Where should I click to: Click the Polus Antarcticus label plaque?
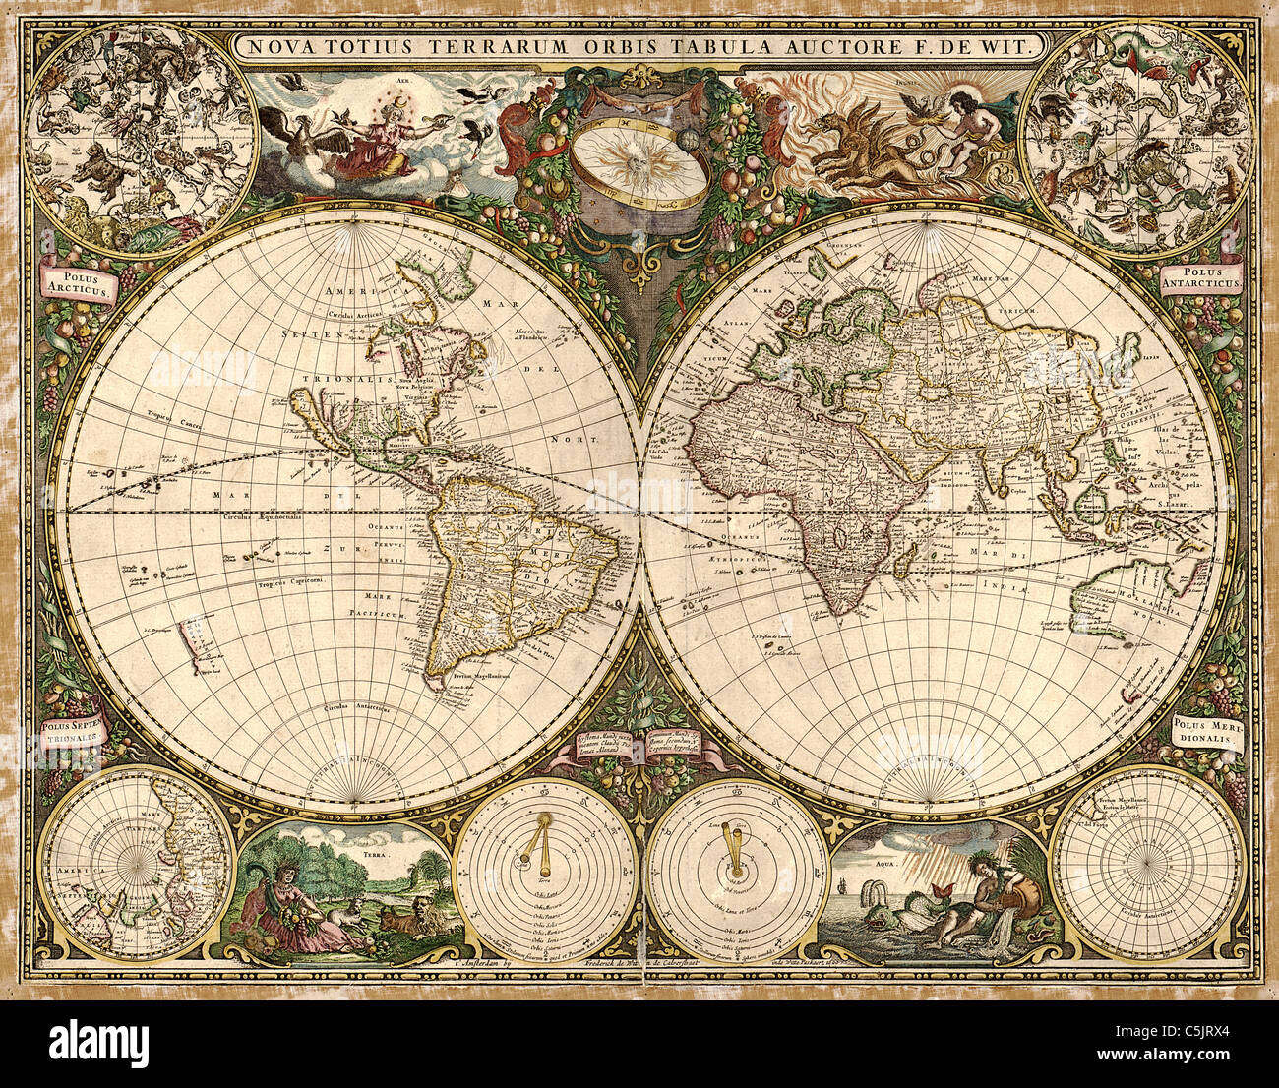pyautogui.click(x=1202, y=276)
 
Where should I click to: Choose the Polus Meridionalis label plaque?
pyautogui.click(x=1207, y=732)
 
